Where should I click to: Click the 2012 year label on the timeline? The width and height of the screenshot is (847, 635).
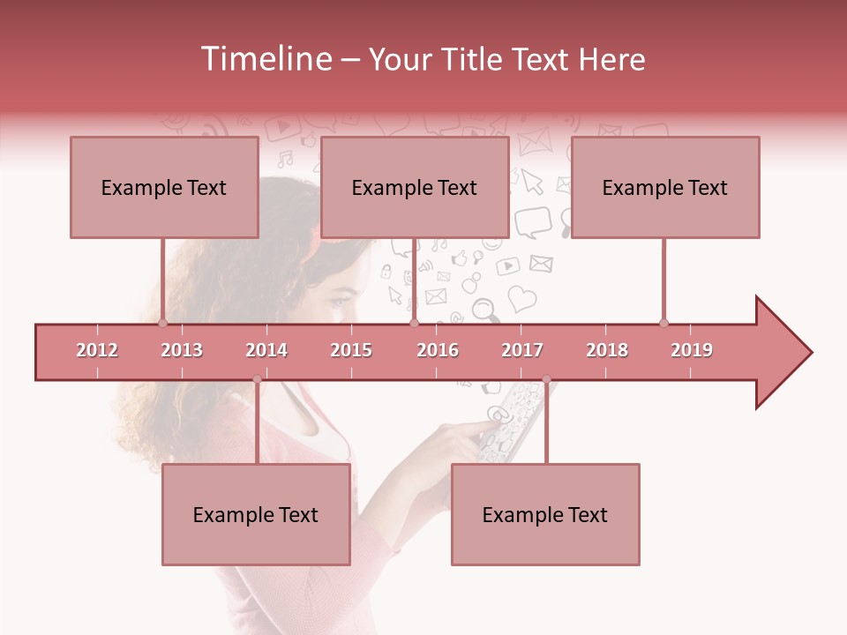click(x=97, y=350)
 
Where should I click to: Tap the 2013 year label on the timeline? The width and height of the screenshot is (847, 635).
click(x=182, y=350)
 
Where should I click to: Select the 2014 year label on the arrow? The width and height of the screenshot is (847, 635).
click(x=266, y=350)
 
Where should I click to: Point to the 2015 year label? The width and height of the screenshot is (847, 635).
click(x=351, y=350)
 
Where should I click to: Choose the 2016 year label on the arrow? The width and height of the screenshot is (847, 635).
click(x=438, y=350)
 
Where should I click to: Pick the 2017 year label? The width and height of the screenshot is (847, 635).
click(x=522, y=350)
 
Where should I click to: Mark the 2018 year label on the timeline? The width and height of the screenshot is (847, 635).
click(x=607, y=350)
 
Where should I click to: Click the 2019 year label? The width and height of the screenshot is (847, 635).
click(x=692, y=350)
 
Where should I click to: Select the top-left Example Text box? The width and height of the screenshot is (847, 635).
click(x=164, y=187)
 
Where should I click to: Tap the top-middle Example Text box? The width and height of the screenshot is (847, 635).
click(x=415, y=187)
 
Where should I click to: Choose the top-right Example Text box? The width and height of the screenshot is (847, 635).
click(x=665, y=187)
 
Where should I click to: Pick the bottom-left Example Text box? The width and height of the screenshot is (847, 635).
click(x=256, y=514)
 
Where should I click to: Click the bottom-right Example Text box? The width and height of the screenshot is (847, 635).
click(x=545, y=514)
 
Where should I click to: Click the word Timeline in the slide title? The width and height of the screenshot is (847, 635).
click(x=264, y=59)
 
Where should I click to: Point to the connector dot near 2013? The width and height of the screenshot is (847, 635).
click(x=162, y=323)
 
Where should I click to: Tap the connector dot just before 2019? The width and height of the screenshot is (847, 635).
click(x=663, y=323)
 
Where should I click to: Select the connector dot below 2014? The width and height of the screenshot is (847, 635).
click(x=257, y=379)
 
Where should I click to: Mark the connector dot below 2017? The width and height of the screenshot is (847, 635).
click(x=546, y=379)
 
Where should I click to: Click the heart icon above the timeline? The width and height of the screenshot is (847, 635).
click(x=521, y=298)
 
